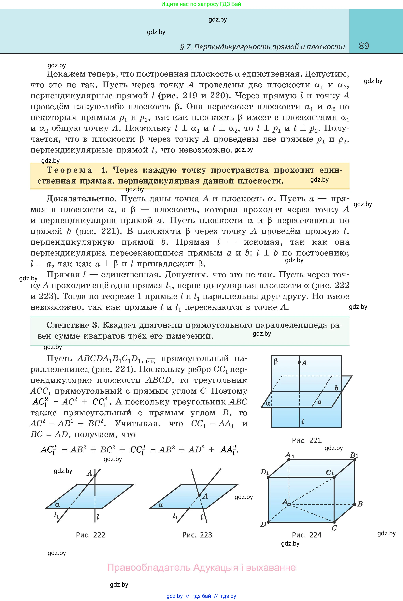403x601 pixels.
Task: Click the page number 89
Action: point(364,46)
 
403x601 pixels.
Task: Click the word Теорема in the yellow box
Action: point(69,170)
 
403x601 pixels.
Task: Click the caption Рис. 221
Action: point(307,440)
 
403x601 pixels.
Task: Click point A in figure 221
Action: point(299,362)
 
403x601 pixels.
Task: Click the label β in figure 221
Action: point(276,361)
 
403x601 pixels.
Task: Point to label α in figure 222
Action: point(58,505)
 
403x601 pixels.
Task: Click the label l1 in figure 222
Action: point(56,515)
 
